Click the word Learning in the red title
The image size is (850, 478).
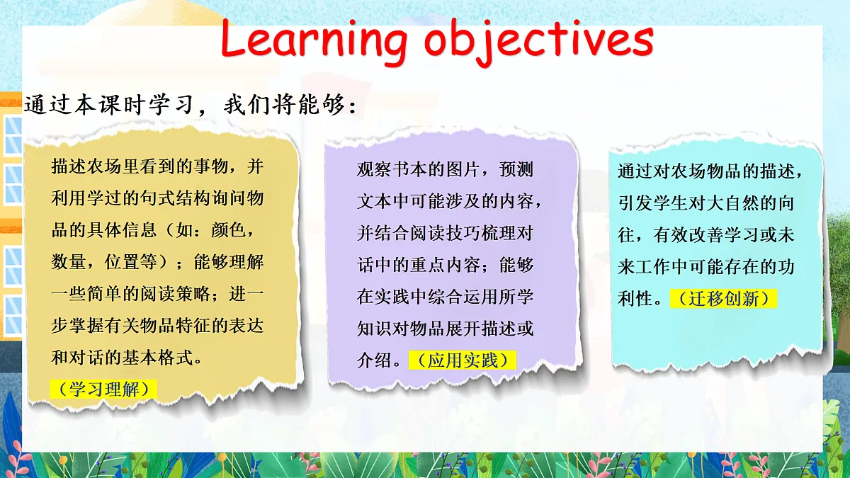(314, 40)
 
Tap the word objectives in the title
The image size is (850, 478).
(538, 41)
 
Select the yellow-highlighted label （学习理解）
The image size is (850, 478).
(103, 389)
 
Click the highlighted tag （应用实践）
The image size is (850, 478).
(463, 360)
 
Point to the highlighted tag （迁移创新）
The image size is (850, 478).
(724, 299)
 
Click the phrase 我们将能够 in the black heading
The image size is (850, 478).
(284, 104)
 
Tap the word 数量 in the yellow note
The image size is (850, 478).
(68, 262)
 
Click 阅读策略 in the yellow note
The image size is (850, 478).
(175, 294)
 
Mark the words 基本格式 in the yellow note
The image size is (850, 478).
(159, 358)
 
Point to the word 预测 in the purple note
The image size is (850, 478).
(516, 169)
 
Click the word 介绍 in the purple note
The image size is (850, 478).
(374, 360)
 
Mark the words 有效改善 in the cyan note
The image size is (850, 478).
(688, 235)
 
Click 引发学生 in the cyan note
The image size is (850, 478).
(652, 203)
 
